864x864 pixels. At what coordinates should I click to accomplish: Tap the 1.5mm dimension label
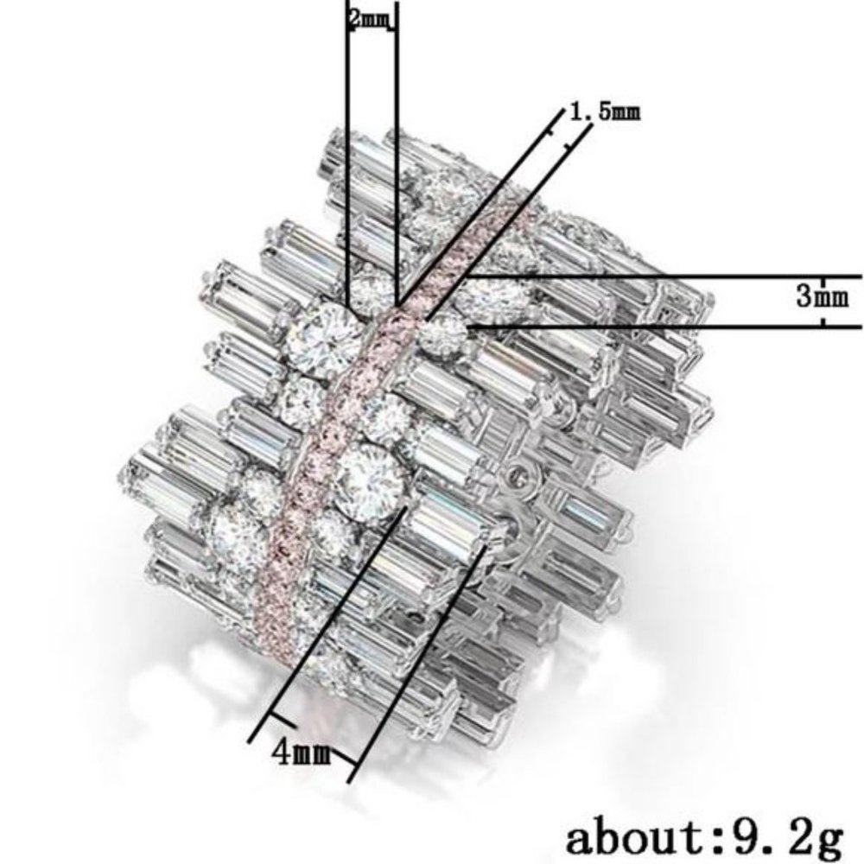click(x=605, y=111)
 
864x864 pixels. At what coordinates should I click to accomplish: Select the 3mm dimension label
click(x=823, y=297)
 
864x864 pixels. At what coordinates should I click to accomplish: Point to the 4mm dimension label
click(x=302, y=752)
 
